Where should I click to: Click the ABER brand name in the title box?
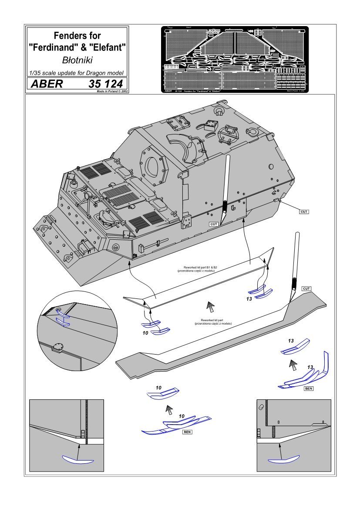[46, 84]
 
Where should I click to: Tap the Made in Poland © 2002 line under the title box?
[109, 92]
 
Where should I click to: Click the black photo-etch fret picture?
[235, 60]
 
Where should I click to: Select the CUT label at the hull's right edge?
[304, 211]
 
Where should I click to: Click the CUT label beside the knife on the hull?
[213, 224]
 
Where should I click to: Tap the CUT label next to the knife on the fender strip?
[306, 288]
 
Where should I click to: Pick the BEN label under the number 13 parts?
[309, 388]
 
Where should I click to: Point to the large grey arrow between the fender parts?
[210, 307]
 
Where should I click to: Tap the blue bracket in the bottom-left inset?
[78, 459]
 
